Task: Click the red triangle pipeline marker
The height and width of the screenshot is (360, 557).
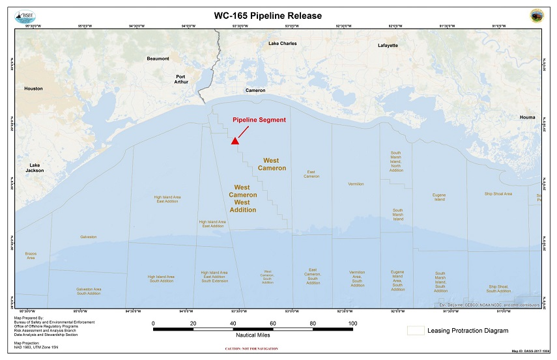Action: (235, 141)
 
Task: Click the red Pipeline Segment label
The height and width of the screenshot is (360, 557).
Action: (259, 120)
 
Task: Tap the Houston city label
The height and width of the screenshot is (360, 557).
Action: (33, 89)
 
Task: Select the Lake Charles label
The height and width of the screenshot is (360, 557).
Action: (282, 44)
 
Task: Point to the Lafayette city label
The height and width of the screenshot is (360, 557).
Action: (388, 46)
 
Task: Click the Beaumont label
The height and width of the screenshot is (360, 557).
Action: (158, 59)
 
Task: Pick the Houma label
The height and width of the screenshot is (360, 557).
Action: (527, 117)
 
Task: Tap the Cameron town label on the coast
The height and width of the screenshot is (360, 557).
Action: (255, 90)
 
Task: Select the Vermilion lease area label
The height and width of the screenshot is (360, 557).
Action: (356, 184)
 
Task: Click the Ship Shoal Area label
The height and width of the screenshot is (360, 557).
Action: (498, 194)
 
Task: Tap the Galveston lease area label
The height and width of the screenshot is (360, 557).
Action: (88, 237)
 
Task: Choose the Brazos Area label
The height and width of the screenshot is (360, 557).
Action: (31, 255)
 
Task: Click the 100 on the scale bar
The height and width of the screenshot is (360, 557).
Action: (353, 323)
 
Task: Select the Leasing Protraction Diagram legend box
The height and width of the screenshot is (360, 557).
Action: (416, 331)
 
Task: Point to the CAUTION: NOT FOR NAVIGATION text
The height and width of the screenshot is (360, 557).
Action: (251, 349)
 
